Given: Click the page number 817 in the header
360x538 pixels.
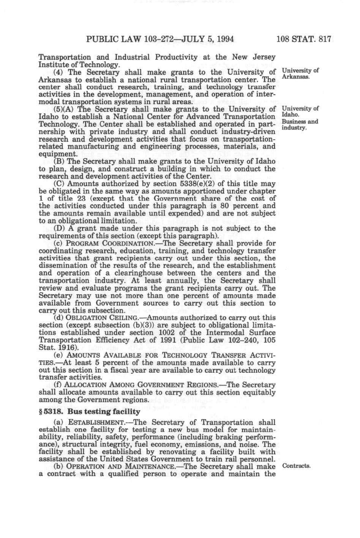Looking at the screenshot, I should pyautogui.click(x=323, y=39).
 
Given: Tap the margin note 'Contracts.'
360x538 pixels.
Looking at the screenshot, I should pyautogui.click(x=296, y=466).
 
